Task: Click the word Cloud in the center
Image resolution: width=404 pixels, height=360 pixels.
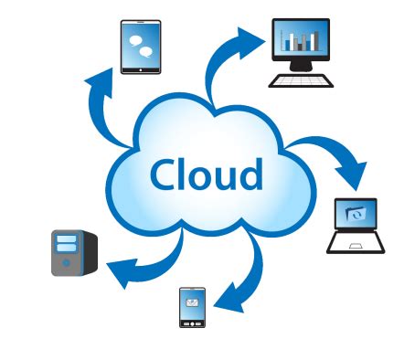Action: (206, 174)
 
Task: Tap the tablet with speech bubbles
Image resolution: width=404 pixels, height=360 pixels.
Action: (141, 48)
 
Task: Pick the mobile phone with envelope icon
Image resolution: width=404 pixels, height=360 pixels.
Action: (192, 307)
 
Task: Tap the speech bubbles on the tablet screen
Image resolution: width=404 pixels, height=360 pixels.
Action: (141, 46)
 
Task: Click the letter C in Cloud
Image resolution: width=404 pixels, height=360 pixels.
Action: (165, 174)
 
